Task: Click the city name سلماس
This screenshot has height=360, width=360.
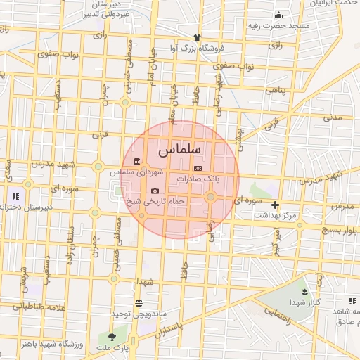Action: click(179, 150)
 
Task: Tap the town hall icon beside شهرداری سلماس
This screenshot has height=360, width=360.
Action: click(136, 162)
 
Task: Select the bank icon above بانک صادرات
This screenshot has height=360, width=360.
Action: click(198, 169)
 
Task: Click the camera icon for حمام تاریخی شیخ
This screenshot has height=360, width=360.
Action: click(155, 191)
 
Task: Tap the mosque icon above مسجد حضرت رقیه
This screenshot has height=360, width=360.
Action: click(279, 15)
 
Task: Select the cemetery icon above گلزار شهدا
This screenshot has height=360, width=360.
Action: click(304, 291)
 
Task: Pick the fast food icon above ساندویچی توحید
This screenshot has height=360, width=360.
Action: click(138, 303)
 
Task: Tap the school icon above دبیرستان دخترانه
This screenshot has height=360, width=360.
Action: click(14, 196)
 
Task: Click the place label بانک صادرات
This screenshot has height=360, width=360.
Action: click(198, 179)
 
